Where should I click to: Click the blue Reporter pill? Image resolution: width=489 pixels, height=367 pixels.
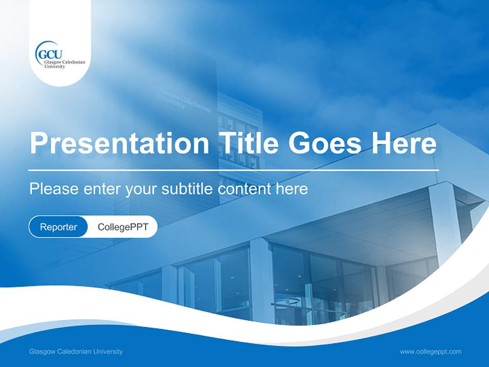pos(59,227)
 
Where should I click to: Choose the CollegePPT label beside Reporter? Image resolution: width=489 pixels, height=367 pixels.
pos(123,227)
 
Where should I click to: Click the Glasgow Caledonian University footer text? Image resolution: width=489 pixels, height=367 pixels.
pos(76,352)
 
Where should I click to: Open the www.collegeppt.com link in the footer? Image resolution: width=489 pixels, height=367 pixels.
pos(430,352)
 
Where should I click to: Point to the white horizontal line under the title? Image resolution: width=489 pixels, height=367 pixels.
pos(234,170)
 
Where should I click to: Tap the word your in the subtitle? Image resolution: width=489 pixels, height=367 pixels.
pos(141,189)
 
